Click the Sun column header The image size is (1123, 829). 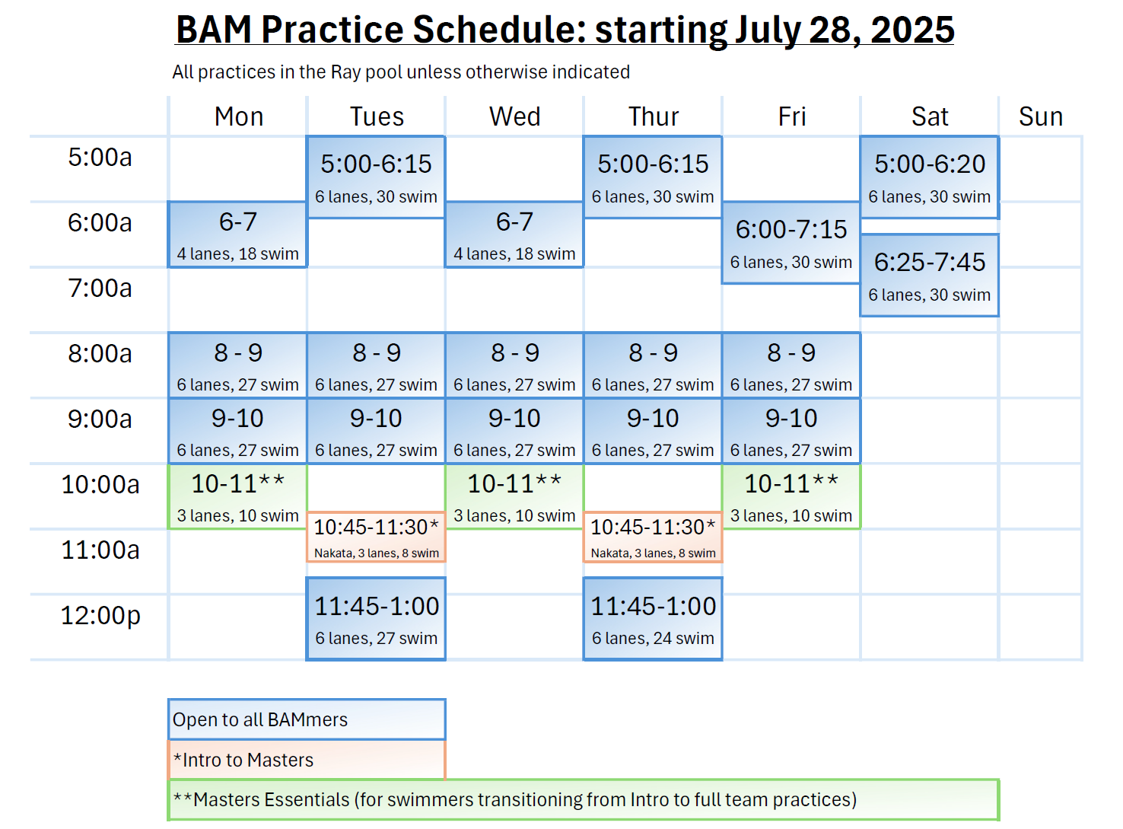click(x=1040, y=116)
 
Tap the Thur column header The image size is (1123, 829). click(x=653, y=116)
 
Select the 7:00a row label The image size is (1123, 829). click(x=100, y=288)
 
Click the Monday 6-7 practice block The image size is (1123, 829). click(x=237, y=234)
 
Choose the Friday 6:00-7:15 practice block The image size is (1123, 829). click(x=791, y=243)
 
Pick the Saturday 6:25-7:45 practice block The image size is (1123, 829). click(x=929, y=275)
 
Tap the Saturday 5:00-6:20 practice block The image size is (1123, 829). click(x=929, y=177)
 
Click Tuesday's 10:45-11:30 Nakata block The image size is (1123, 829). click(x=376, y=537)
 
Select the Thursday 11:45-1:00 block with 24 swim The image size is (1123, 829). click(x=653, y=619)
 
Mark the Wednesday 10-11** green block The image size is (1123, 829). click(x=514, y=496)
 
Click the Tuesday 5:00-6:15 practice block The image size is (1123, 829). click(x=376, y=177)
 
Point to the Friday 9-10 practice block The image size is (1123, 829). click(x=791, y=431)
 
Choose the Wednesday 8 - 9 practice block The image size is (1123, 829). click(x=514, y=365)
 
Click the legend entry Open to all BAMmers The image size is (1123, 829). click(x=307, y=719)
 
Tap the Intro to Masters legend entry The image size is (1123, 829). click(x=307, y=759)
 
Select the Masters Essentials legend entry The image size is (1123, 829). click(x=584, y=799)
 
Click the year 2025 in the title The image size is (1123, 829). click(x=912, y=30)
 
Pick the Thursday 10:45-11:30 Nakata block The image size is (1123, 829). click(x=653, y=537)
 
